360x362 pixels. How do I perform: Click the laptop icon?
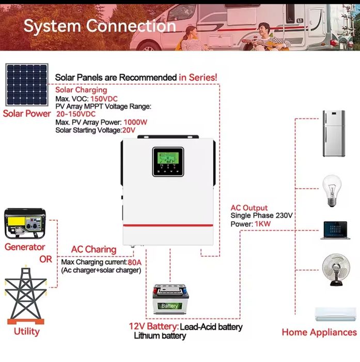click(333, 230)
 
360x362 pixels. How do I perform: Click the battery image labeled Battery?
click(170, 299)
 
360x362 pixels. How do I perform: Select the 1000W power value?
click(135, 123)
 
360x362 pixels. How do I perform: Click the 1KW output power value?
click(261, 224)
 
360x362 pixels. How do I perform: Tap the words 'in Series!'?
click(198, 78)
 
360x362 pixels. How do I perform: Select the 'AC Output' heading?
click(249, 208)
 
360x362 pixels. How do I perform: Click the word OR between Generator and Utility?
click(46, 259)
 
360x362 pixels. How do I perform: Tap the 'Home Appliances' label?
click(319, 333)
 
